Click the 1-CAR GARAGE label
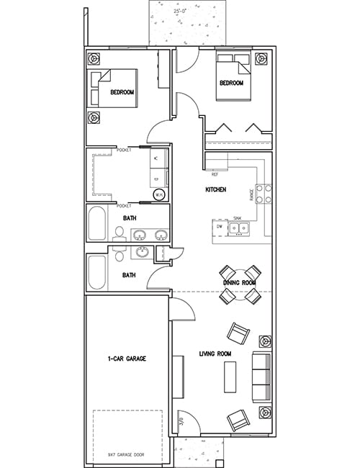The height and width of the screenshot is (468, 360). click(x=127, y=358)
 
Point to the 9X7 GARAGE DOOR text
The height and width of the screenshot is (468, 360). click(x=127, y=455)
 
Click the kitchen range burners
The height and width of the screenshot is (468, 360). click(x=264, y=193)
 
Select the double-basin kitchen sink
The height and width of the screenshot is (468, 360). click(x=238, y=229)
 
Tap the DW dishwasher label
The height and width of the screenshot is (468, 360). click(x=220, y=226)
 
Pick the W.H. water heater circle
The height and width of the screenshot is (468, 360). click(x=160, y=194)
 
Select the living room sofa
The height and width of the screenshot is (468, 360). click(x=261, y=377)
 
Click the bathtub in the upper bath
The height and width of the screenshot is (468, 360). click(x=96, y=225)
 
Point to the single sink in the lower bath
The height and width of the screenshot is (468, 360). click(x=143, y=252)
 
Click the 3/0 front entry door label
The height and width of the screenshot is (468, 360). click(x=181, y=420)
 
